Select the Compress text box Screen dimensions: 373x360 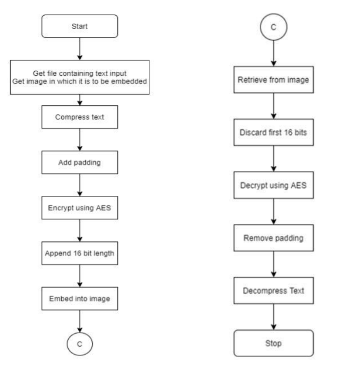pyautogui.click(x=80, y=118)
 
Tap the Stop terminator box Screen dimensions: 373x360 pyautogui.click(x=273, y=343)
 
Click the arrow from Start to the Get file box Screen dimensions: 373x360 pyautogui.click(x=80, y=50)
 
